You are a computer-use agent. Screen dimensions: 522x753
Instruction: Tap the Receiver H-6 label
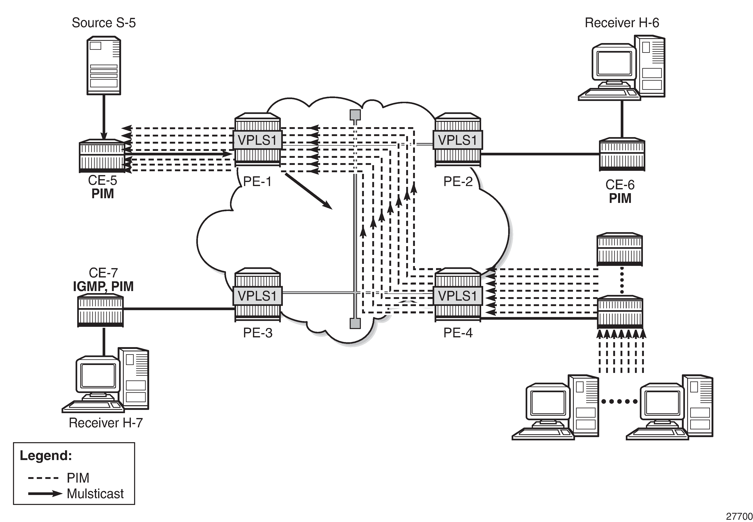click(x=622, y=23)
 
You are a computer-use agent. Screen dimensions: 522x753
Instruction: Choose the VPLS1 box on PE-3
click(x=257, y=296)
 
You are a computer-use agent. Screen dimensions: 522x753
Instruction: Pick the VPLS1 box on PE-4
click(x=457, y=296)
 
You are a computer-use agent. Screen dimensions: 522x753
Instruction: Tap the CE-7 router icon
click(x=100, y=311)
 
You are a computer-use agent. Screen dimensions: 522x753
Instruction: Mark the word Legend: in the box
click(x=46, y=456)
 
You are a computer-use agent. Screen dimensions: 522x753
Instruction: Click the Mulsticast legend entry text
click(x=95, y=494)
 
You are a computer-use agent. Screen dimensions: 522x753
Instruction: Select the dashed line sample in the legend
click(x=43, y=478)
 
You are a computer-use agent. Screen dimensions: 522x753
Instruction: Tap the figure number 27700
click(x=739, y=516)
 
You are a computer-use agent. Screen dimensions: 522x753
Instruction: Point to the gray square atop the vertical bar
click(x=355, y=115)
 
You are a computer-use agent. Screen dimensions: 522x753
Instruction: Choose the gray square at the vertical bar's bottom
click(x=355, y=323)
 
